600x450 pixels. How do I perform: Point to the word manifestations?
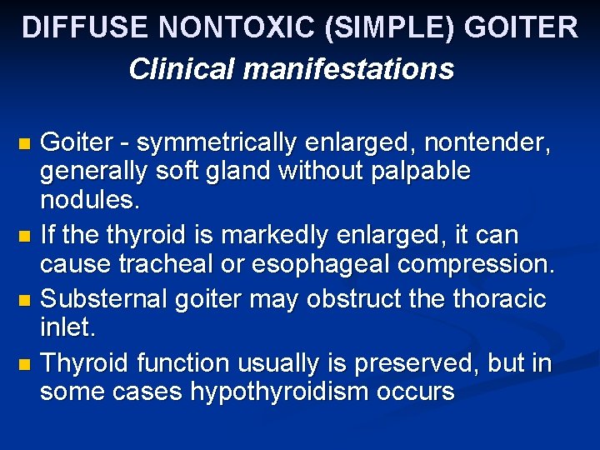pos(348,68)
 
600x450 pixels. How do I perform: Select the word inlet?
pos(68,327)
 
